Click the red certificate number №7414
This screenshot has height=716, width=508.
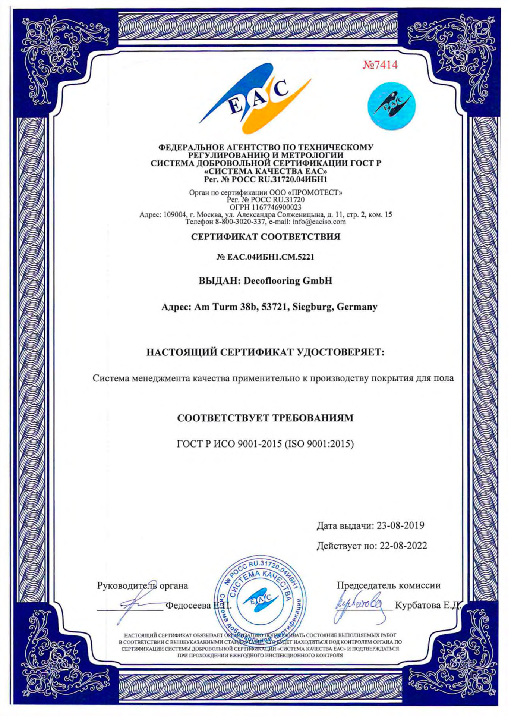[380, 65]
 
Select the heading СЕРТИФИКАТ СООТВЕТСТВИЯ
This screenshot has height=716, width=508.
[265, 237]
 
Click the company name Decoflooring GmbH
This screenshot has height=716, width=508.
[287, 280]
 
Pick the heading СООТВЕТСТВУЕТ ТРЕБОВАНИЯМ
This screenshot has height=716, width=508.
[265, 418]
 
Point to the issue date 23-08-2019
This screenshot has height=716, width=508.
[400, 525]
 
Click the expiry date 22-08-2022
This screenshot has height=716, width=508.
[403, 546]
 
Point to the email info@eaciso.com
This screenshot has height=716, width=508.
[319, 222]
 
